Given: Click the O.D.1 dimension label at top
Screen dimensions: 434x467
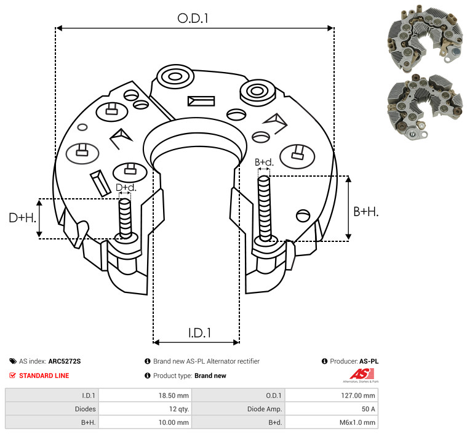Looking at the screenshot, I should point(193,18).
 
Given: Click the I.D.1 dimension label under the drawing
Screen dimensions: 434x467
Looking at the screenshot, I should point(199,333).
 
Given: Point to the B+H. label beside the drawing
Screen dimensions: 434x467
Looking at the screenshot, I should point(365,211).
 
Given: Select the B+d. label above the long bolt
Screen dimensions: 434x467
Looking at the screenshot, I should point(264,163).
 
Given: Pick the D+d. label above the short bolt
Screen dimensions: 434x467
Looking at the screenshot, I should point(126,187).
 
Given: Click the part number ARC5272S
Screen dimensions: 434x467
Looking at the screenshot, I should point(65,361).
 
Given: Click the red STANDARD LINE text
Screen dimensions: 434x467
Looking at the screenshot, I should point(44,376).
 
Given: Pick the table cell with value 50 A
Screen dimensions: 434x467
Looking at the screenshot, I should point(367,409).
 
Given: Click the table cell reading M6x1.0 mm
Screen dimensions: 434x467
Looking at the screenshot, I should point(358,422).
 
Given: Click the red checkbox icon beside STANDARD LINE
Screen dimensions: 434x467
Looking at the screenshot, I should point(13,376).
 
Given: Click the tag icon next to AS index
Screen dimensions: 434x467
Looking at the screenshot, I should point(13,361).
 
